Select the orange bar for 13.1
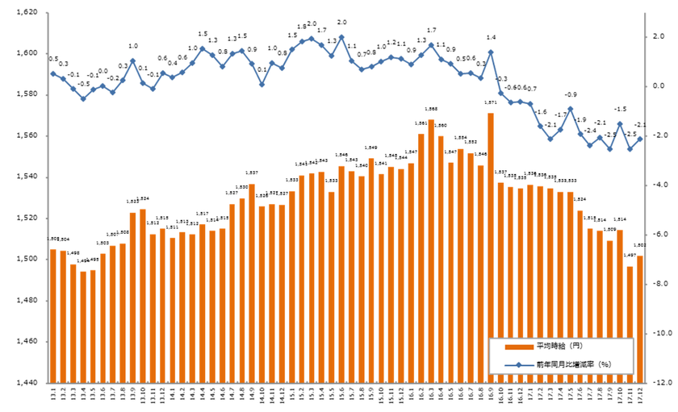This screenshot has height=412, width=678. (53, 315)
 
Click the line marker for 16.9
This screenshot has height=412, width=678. (491, 52)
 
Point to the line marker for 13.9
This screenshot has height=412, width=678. (132, 61)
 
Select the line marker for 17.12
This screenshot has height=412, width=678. (639, 139)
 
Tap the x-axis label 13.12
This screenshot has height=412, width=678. (163, 395)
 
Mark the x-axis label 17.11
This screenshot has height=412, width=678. (630, 395)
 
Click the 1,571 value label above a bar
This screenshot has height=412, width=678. (490, 104)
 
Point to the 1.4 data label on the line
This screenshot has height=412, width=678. (491, 38)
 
